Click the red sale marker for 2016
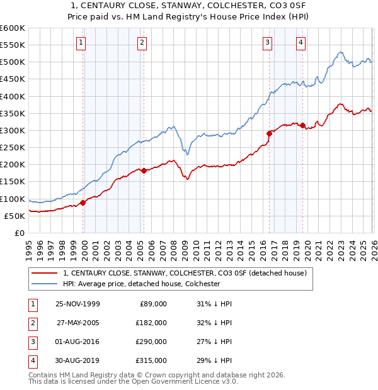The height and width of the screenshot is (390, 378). click(269, 133)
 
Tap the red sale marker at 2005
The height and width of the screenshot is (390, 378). click(144, 170)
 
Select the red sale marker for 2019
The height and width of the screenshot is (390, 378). click(303, 125)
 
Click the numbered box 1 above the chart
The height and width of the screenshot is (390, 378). click(81, 43)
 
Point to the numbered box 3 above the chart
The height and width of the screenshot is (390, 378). click(267, 43)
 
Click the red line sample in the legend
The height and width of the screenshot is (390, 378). click(45, 273)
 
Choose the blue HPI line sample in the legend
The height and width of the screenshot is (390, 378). click(45, 284)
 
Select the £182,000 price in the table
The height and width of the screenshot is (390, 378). click(151, 323)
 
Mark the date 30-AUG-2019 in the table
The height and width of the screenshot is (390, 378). click(77, 360)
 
